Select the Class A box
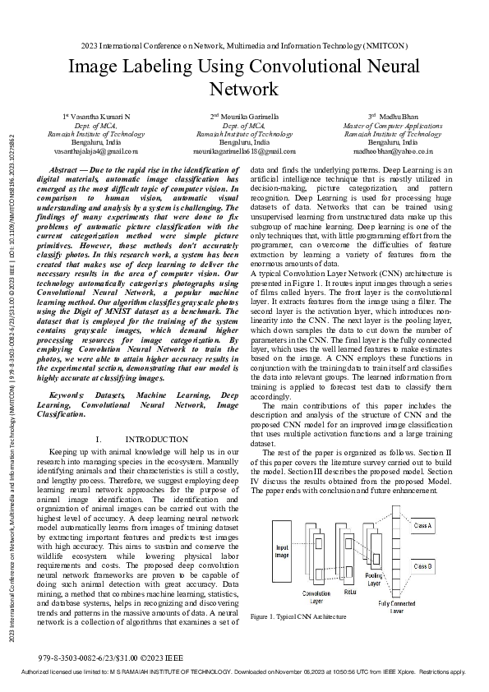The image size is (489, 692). point(423,524)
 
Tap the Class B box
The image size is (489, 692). point(423,566)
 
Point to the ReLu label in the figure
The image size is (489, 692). point(349,591)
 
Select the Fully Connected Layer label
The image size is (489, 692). point(397,607)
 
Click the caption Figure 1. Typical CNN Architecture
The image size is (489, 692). point(298,616)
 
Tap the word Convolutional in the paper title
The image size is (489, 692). point(328,67)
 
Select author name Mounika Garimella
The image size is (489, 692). point(244,118)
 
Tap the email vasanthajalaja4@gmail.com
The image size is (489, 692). point(96,151)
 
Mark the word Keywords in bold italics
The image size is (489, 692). point(67,395)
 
